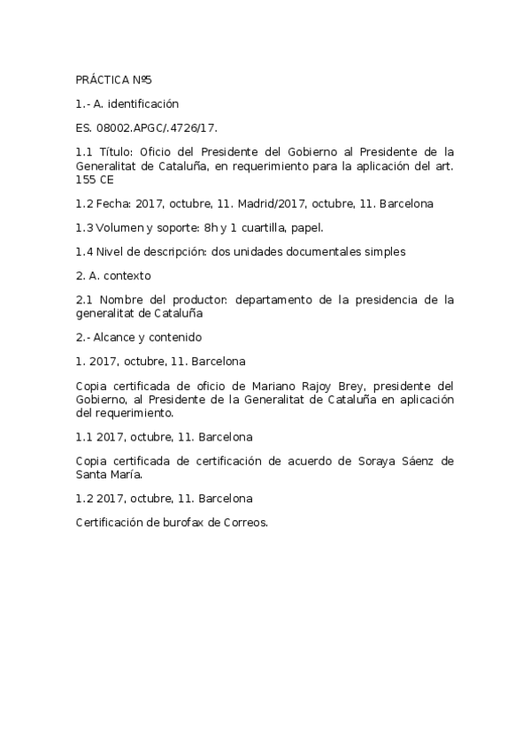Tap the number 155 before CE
click(87, 179)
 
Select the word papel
click(305, 227)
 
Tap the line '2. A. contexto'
click(113, 275)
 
